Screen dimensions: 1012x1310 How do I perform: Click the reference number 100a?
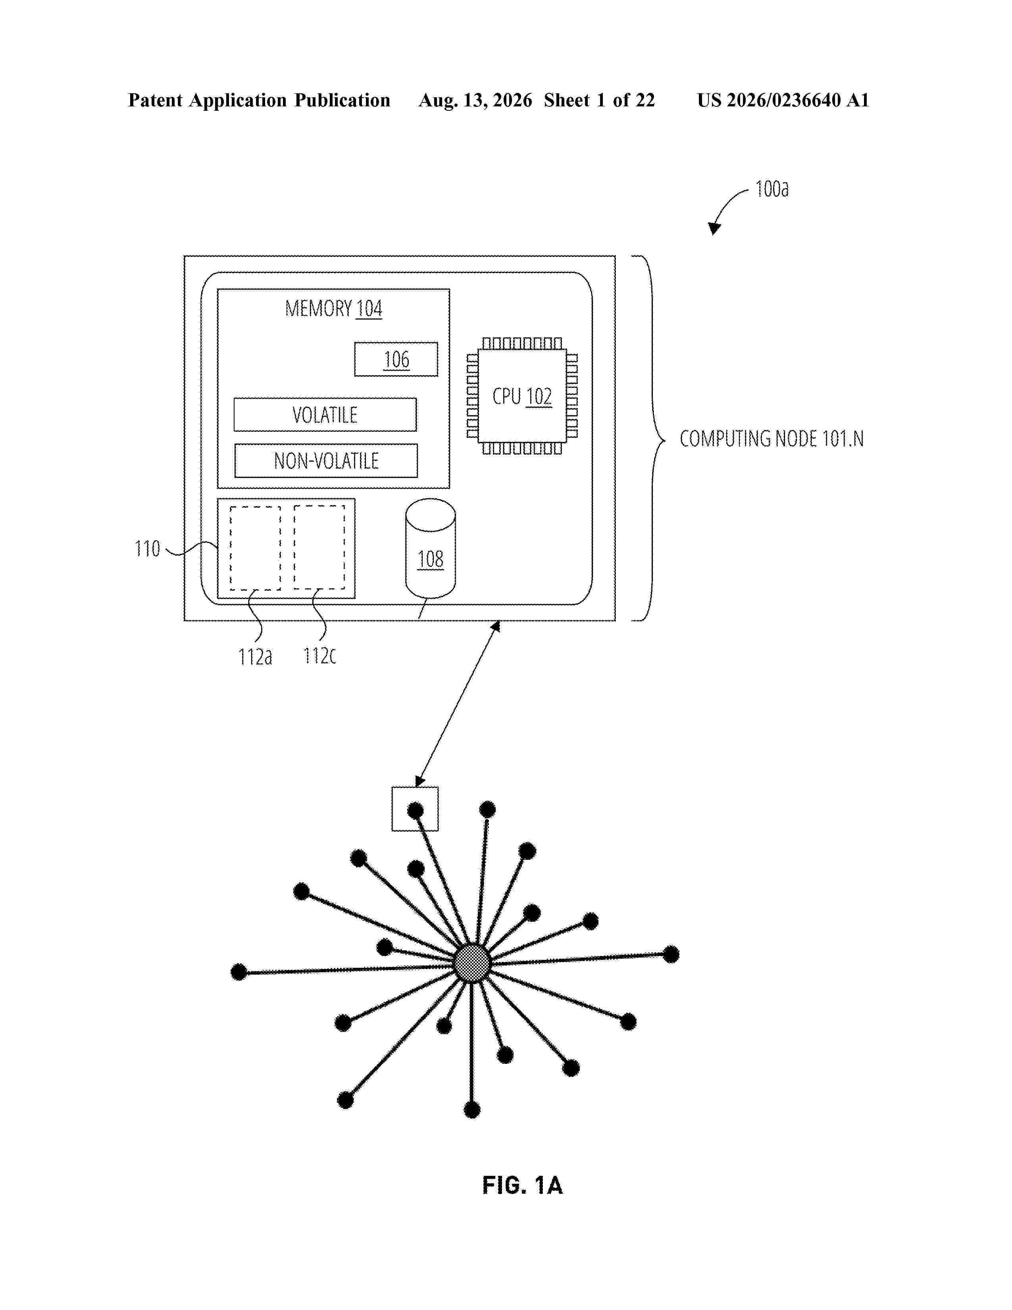772,189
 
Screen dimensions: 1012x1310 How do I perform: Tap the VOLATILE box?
325,414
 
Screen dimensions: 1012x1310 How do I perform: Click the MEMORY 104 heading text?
333,309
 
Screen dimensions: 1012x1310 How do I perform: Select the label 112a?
255,657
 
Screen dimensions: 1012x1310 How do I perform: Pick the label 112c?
319,656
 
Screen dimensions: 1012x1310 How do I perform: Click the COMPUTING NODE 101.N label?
772,439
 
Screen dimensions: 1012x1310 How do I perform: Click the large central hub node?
472,963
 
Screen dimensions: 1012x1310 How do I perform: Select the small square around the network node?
415,809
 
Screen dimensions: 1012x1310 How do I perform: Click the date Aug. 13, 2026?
475,100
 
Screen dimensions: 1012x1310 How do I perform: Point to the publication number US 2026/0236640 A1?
783,100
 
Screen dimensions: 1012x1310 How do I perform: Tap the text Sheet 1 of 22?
600,100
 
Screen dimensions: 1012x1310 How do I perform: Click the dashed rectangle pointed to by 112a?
256,548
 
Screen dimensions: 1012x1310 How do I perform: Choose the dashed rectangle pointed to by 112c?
319,547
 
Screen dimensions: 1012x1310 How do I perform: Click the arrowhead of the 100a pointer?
714,229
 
